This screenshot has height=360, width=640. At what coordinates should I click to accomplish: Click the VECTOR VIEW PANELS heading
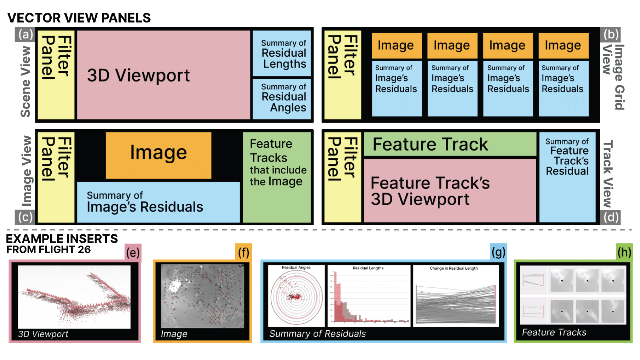click(x=79, y=18)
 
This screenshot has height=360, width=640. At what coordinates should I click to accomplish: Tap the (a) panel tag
click(x=25, y=35)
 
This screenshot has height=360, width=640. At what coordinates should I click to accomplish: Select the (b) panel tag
click(x=611, y=35)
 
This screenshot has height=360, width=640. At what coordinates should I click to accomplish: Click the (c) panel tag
click(x=25, y=217)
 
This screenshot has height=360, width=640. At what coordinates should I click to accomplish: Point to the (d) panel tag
click(x=611, y=217)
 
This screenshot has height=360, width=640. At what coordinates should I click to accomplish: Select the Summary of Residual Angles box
click(x=282, y=98)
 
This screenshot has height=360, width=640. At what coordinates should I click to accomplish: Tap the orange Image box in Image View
click(x=158, y=155)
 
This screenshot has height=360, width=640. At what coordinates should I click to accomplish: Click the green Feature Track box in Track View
click(x=450, y=144)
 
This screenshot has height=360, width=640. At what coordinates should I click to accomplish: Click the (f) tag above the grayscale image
click(x=244, y=253)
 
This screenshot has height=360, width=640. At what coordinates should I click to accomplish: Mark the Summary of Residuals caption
click(x=317, y=334)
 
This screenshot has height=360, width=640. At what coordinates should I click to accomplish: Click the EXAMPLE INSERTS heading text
click(x=62, y=239)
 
